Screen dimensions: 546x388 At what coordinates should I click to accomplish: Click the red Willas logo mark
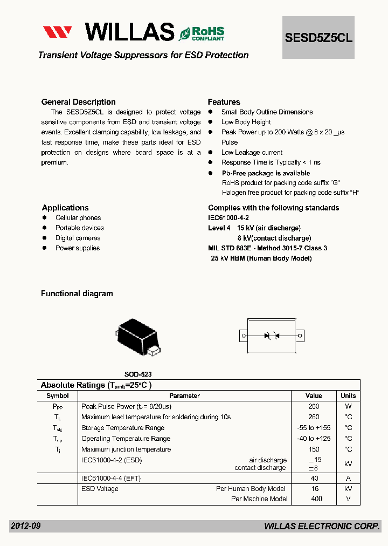pos(58,32)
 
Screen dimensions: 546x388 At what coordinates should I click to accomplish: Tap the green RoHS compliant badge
pos(202,33)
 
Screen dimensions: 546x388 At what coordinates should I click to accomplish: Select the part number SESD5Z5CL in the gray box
pos(318,38)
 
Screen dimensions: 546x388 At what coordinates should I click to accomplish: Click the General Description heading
pos(78,102)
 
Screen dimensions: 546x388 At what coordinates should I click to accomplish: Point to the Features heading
pos(224,102)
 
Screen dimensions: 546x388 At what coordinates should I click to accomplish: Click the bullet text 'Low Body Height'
pos(246,122)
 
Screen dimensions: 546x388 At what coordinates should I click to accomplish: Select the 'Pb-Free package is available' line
pos(266,173)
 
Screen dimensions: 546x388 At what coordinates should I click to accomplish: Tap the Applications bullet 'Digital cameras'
pos(78,238)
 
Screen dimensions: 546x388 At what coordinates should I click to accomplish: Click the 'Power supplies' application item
pos(78,248)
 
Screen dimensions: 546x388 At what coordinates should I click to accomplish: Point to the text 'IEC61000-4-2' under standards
pos(228,218)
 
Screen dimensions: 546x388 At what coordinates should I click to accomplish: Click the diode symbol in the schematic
pos(271,336)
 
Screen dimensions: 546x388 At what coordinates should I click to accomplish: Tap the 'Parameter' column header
pos(184,396)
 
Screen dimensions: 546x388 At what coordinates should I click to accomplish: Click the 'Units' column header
pos(348,396)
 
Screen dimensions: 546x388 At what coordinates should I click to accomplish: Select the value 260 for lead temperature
pos(314,417)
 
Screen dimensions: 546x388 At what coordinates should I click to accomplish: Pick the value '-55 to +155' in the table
pos(314,428)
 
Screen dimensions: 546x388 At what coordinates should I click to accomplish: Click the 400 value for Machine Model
pos(316,499)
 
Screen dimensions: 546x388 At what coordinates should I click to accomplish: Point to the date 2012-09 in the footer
pos(25,526)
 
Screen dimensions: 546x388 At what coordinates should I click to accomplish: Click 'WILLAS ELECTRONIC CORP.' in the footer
pos(322,527)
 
